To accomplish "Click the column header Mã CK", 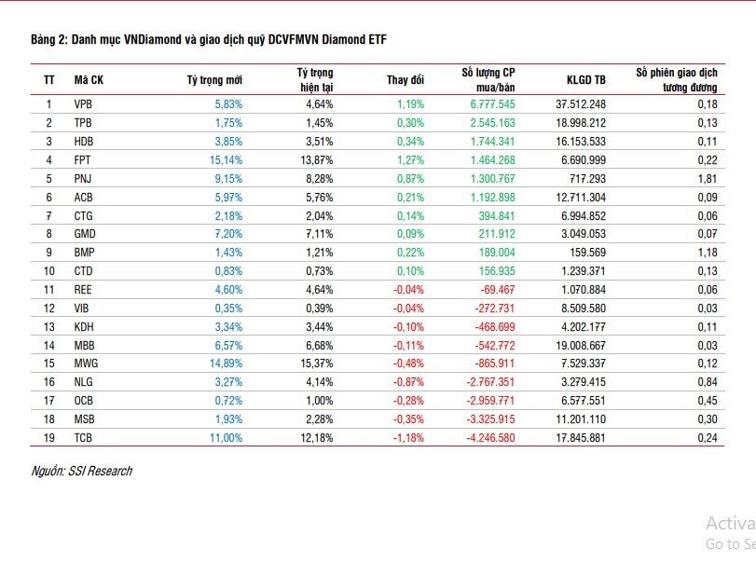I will tap(89, 79).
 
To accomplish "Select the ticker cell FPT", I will tap(82, 159).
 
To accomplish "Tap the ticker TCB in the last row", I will tap(82, 437).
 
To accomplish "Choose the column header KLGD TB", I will tap(585, 79).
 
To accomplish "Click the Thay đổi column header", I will tap(405, 79).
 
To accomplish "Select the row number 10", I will tap(48, 270).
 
